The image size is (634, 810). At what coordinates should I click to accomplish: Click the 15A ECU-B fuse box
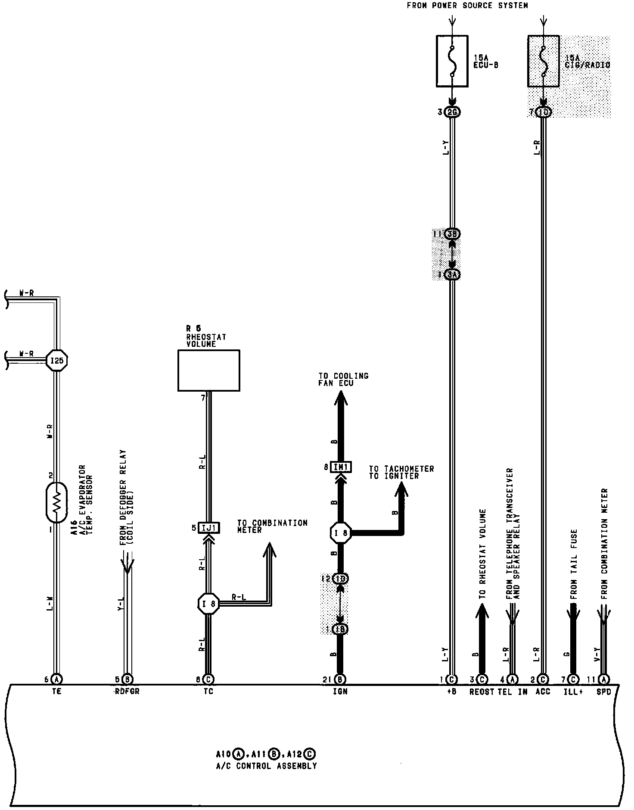[452, 61]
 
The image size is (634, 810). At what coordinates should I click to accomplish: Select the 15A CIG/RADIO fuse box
[544, 61]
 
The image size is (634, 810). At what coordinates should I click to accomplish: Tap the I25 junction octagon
[57, 360]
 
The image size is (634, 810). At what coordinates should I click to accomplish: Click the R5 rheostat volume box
[209, 370]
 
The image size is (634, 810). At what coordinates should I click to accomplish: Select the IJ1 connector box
[209, 528]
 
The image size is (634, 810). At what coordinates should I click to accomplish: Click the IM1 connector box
[341, 467]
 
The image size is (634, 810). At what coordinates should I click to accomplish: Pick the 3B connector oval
[452, 234]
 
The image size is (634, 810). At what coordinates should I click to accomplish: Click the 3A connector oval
[452, 274]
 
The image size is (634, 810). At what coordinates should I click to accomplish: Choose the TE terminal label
[57, 692]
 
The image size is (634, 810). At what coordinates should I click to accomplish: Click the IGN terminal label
[340, 692]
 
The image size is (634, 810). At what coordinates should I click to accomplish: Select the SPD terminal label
[603, 692]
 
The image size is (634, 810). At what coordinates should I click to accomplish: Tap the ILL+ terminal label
[573, 692]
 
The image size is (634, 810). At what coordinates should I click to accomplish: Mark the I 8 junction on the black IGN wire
[341, 533]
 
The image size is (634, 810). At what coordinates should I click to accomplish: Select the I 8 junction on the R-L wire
[208, 604]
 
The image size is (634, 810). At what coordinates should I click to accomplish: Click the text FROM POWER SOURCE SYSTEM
[467, 6]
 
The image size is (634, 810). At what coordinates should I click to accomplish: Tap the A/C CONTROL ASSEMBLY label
[267, 766]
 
